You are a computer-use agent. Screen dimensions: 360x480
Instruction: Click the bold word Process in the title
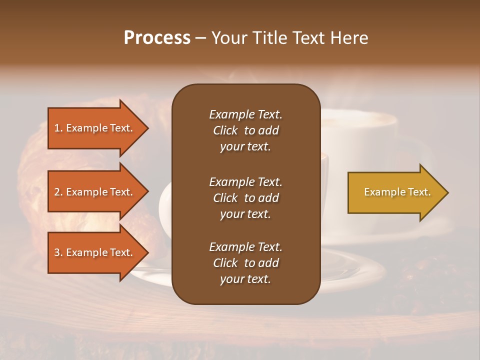pos(157,38)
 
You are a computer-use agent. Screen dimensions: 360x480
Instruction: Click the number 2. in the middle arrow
pos(58,192)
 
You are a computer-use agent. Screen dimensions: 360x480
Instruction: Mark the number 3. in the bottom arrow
pos(58,252)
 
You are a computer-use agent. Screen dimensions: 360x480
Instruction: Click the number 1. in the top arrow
pos(58,128)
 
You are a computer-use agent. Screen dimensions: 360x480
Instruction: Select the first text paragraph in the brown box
pos(245,130)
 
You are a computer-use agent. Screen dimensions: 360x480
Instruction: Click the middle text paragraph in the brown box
pos(245,198)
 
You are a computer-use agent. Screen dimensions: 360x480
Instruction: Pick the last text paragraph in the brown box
pos(245,263)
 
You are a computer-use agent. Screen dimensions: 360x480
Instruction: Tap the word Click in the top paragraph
pos(225,130)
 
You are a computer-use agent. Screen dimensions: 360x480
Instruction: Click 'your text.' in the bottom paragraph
pos(245,279)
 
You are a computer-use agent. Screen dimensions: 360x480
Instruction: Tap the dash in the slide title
pos(201,38)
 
